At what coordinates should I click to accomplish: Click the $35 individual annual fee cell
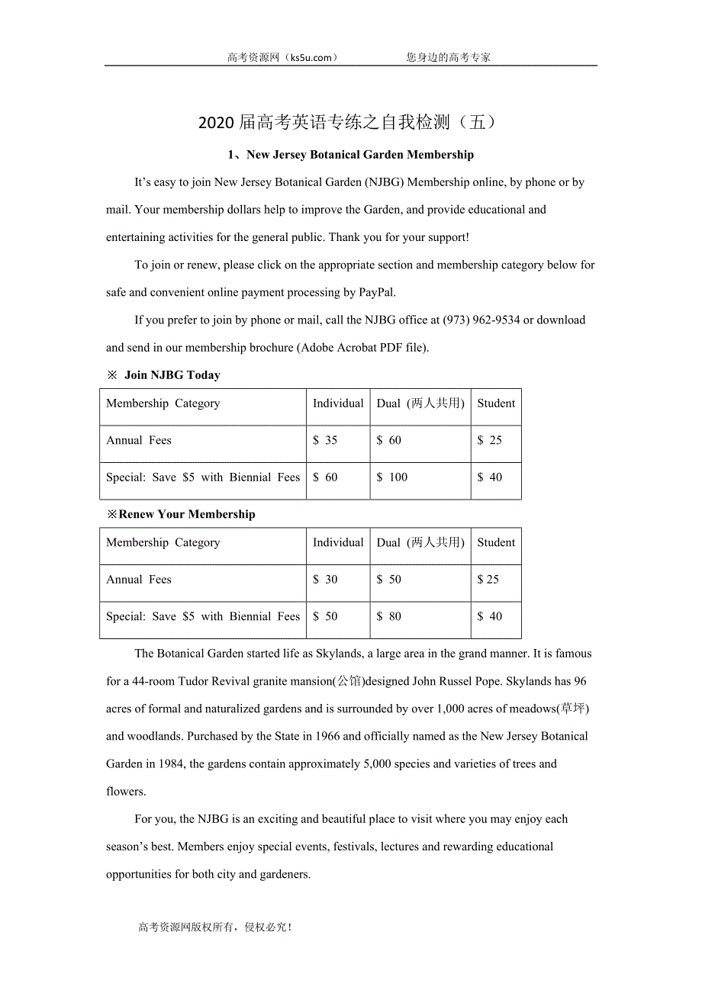click(325, 441)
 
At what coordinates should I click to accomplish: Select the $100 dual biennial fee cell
click(392, 477)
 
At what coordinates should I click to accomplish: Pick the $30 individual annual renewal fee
click(325, 580)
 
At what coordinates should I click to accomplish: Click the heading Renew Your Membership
click(187, 515)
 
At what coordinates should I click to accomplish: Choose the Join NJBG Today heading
click(172, 375)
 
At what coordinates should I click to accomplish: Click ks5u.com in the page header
click(310, 57)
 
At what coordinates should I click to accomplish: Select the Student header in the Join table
click(496, 403)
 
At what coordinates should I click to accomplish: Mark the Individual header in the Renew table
click(338, 543)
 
